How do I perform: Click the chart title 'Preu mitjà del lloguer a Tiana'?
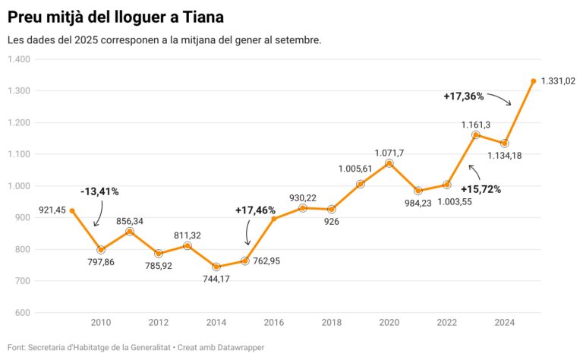[115, 16]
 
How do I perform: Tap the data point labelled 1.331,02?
[534, 81]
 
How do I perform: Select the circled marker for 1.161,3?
[476, 135]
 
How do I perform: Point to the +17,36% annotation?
[463, 96]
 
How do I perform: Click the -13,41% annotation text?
[100, 191]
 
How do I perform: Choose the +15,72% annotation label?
[481, 188]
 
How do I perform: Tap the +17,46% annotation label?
[255, 209]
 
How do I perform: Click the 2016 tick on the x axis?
[274, 323]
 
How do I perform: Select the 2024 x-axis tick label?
[505, 323]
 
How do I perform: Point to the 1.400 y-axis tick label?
[18, 59]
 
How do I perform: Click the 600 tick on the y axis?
[22, 313]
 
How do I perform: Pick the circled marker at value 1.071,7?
[389, 163]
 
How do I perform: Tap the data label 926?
[332, 222]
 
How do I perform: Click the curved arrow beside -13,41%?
[98, 214]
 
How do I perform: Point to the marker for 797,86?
[101, 250]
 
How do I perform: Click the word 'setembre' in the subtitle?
[299, 39]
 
